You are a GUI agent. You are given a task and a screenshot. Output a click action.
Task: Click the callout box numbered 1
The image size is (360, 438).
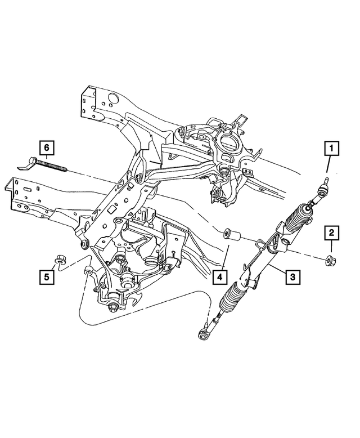(331, 149)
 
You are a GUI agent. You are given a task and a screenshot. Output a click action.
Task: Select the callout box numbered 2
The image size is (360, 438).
(331, 232)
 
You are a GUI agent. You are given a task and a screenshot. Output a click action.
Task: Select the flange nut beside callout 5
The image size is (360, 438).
(59, 260)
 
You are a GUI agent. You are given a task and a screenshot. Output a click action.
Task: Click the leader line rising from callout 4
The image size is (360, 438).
(223, 256)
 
